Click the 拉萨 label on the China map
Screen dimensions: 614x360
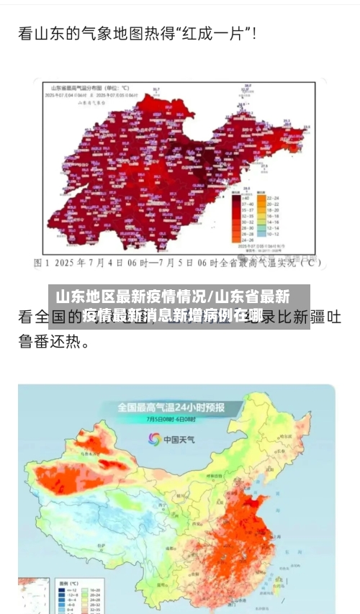click(94, 533)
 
